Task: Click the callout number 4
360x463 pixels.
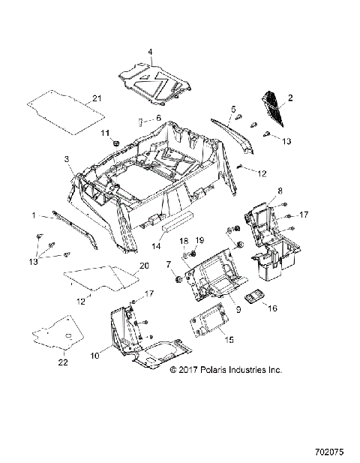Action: pos(150,52)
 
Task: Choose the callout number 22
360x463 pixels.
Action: pos(64,362)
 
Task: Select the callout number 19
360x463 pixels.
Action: pos(200,239)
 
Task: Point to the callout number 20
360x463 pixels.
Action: pos(144,266)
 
